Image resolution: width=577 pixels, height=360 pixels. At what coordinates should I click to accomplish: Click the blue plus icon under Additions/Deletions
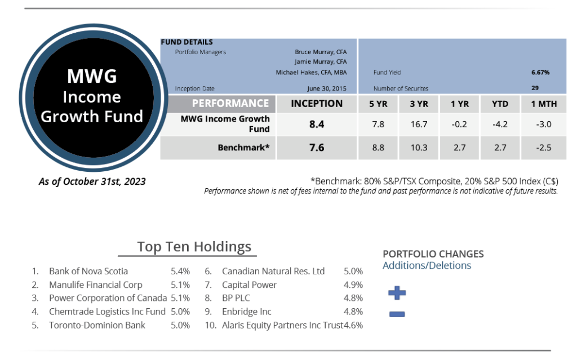[397, 293]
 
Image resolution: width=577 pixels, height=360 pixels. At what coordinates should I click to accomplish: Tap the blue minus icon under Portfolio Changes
[397, 314]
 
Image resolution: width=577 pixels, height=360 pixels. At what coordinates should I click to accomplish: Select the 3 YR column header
[419, 104]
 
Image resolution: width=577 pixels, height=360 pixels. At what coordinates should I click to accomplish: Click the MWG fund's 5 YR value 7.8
[378, 124]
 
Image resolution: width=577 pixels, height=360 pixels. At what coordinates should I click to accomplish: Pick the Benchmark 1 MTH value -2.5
[544, 148]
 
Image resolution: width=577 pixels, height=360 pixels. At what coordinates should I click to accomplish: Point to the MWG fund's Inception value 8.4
[317, 125]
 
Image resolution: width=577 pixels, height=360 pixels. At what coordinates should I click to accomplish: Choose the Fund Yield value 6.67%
[540, 72]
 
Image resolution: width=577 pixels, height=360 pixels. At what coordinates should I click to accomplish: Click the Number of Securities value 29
[535, 88]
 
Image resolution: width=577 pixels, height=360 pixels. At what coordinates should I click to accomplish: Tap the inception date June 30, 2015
[327, 88]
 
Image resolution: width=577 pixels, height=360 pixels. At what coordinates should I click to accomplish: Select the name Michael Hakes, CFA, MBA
[311, 72]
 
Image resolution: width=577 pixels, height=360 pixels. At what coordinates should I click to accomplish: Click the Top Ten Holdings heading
[194, 247]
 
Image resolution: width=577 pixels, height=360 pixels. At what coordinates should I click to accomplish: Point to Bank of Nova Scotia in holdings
[88, 272]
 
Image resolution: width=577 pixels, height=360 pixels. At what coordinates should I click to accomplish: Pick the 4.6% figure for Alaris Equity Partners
[353, 326]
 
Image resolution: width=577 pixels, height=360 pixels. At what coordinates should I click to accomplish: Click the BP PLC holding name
[236, 298]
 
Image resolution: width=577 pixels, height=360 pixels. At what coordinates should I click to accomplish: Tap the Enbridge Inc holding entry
[247, 312]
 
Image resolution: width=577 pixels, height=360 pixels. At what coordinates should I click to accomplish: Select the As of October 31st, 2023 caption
[92, 181]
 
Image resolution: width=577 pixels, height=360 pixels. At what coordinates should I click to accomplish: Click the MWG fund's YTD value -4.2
[500, 124]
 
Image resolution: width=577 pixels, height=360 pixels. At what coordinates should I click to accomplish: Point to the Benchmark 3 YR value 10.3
[419, 148]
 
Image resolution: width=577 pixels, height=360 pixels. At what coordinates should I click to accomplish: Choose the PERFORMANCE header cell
[230, 104]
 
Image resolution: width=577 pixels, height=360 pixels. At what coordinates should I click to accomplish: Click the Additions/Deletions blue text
[427, 265]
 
